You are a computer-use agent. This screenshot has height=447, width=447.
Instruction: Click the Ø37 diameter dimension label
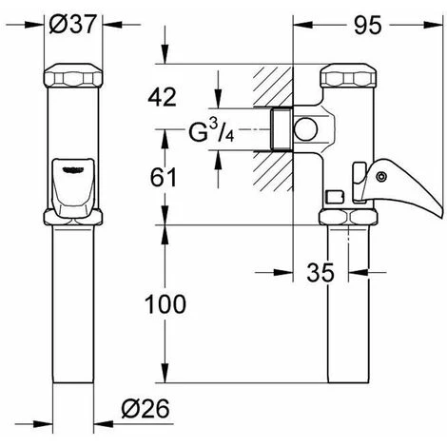[72, 25]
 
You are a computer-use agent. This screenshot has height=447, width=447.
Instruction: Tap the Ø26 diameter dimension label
[146, 408]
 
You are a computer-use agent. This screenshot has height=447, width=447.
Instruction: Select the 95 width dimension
[367, 26]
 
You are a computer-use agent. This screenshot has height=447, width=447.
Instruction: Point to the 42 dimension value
[162, 97]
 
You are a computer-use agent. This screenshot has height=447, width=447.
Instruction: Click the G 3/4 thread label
[211, 132]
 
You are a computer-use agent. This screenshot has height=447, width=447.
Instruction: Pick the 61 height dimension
[163, 178]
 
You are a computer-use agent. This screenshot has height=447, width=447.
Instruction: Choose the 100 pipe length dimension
[165, 304]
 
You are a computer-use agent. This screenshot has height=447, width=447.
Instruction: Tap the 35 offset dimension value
[321, 272]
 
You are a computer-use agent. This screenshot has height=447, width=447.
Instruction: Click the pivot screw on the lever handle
[381, 177]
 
